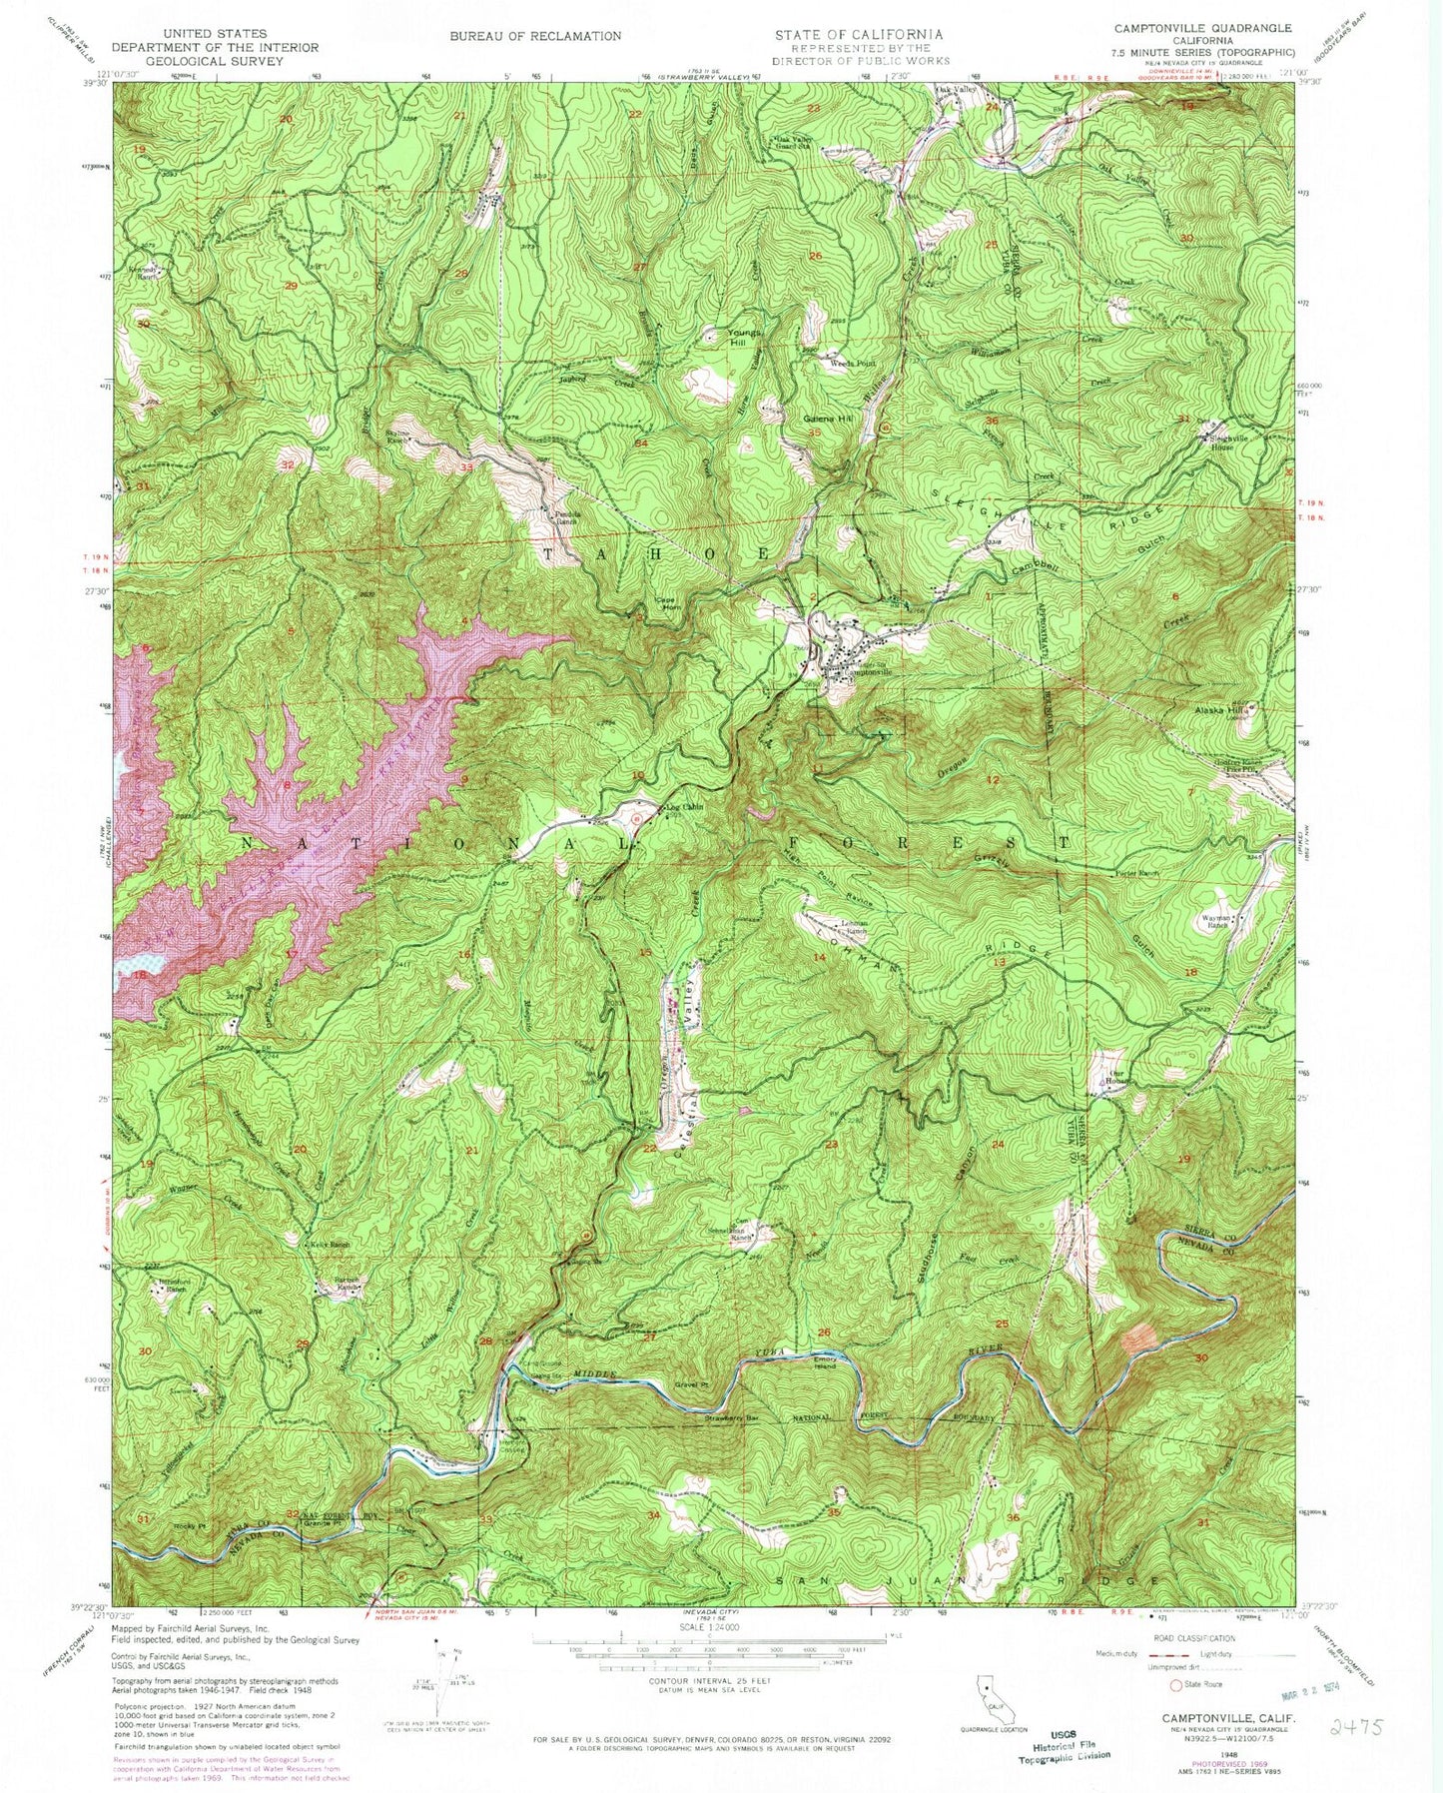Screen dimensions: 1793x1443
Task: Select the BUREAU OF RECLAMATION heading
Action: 534,36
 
